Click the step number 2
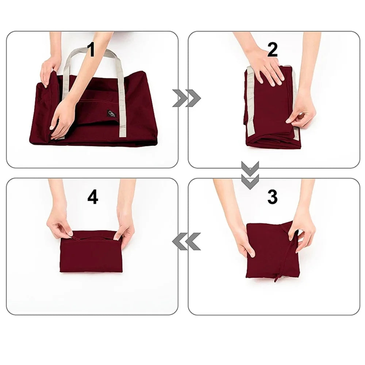272,50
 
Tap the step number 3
272,197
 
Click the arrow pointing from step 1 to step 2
187,98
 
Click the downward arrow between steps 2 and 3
250,175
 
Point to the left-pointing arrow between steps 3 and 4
187,241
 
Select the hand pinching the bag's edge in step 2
301,113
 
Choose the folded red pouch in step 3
272,252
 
